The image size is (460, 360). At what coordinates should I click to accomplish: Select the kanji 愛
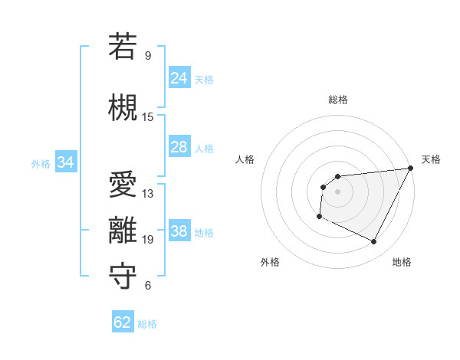click(122, 184)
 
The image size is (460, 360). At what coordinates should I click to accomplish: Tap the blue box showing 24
click(179, 78)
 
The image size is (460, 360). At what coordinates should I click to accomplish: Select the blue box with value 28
click(179, 147)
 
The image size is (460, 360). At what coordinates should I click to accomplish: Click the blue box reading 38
click(179, 232)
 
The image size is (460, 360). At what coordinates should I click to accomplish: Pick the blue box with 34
click(65, 162)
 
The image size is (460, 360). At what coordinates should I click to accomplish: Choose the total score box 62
click(123, 322)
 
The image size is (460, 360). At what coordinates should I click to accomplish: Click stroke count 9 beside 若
click(147, 55)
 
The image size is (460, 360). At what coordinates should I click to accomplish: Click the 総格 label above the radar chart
click(337, 100)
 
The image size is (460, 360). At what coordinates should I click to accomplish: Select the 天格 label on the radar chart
click(431, 159)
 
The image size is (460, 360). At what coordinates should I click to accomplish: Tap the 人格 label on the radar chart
click(245, 159)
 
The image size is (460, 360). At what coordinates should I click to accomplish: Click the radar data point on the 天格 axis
click(410, 169)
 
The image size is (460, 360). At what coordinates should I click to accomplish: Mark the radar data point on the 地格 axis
click(374, 242)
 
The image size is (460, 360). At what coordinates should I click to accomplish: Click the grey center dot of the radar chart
click(337, 191)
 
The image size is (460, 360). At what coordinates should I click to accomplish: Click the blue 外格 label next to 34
click(41, 163)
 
